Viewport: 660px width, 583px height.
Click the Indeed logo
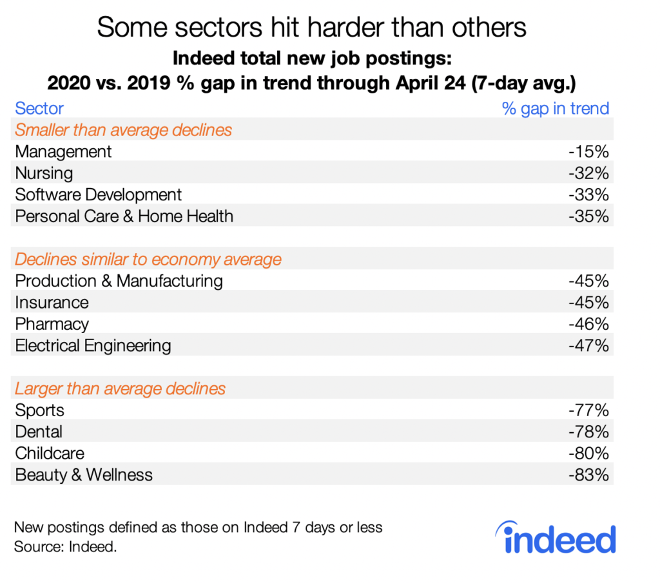[x=555, y=539]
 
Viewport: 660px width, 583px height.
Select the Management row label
[x=63, y=151]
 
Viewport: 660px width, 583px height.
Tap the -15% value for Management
[x=589, y=151]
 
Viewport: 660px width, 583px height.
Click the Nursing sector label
[x=44, y=173]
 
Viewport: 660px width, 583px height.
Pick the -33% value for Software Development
[x=589, y=195]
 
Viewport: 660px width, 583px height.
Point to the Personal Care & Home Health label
[x=124, y=216]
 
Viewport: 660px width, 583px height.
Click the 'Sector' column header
[x=39, y=108]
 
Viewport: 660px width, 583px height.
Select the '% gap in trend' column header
[x=555, y=108]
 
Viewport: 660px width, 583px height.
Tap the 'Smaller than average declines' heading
[x=123, y=130]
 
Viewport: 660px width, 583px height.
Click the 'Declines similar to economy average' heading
[x=148, y=260]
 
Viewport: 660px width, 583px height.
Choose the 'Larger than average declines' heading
[x=120, y=389]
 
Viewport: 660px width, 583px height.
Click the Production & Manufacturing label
[x=119, y=281]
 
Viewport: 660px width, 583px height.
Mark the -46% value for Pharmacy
[x=589, y=324]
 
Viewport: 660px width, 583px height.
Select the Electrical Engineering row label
[x=93, y=346]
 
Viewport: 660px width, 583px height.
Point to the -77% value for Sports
[x=589, y=410]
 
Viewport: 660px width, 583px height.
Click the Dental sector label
[x=39, y=432]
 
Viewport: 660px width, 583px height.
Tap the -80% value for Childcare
[x=589, y=454]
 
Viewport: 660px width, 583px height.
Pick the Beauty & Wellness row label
[x=84, y=475]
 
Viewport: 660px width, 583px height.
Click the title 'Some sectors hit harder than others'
[x=311, y=27]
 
